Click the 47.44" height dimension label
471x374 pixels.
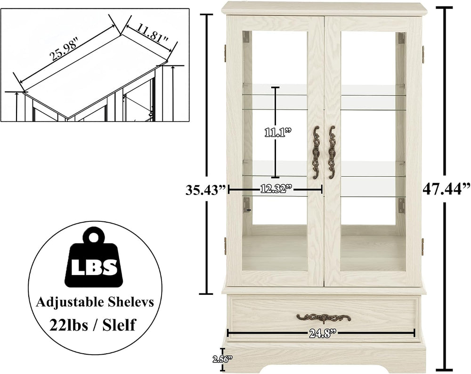click(446, 189)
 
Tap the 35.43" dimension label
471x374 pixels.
click(205, 190)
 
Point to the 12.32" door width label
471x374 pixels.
click(276, 189)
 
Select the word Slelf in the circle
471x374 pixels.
click(119, 325)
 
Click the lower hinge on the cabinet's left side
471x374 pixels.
click(225, 244)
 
